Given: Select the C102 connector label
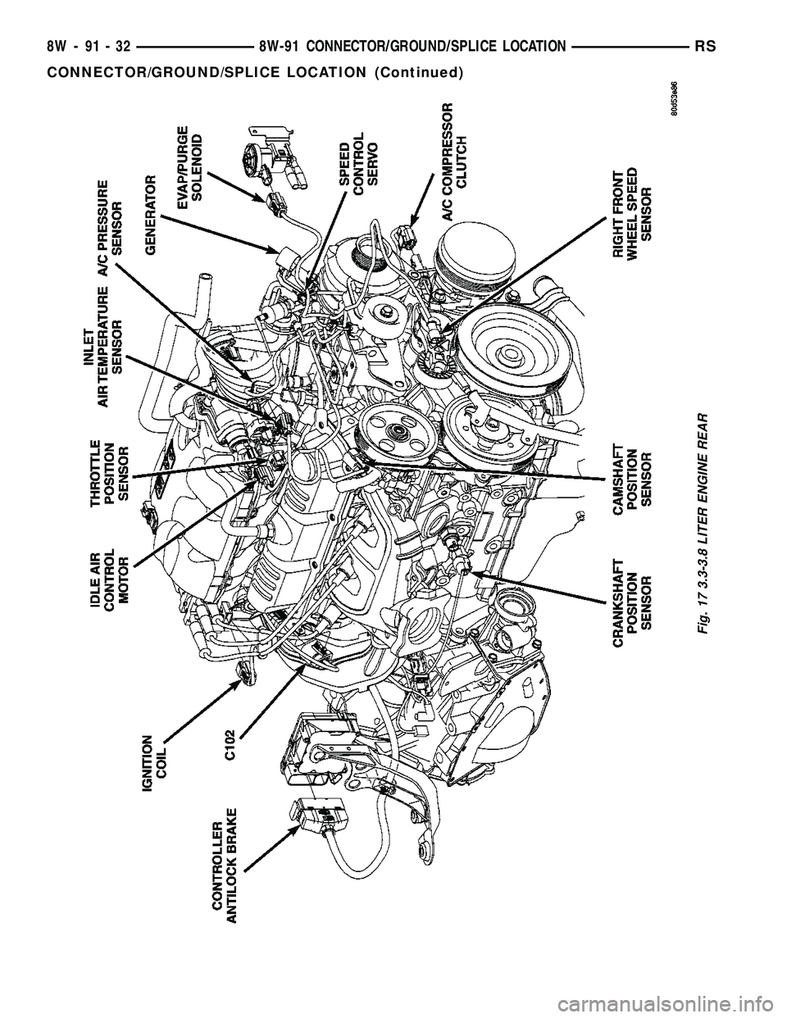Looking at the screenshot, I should click(231, 744).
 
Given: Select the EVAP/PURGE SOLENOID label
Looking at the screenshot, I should click(189, 163).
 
